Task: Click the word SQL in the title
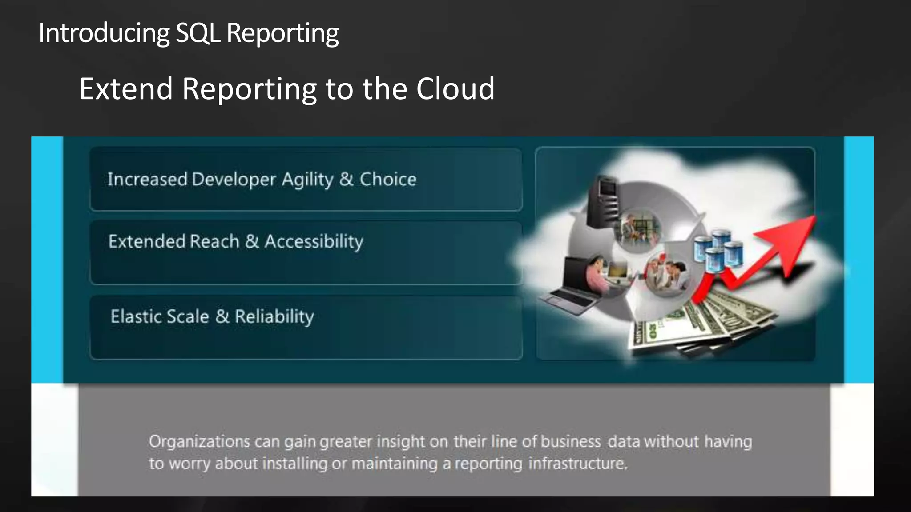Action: coord(198,33)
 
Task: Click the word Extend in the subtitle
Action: coord(126,88)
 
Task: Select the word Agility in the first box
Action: coord(307,180)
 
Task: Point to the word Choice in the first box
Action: coord(388,179)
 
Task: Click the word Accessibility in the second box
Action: coord(314,242)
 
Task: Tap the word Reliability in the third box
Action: coord(274,316)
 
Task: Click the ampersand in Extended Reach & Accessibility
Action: coord(252,241)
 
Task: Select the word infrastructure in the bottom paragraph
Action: coord(577,464)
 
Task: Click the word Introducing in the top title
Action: coord(104,33)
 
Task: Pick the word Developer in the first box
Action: coord(234,180)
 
